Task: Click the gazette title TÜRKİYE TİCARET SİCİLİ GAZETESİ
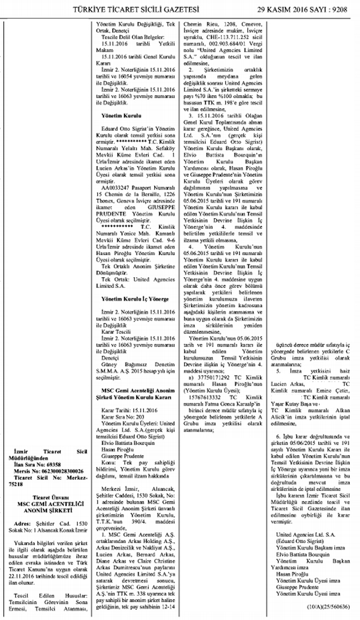coord(141,9)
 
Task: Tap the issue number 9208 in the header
coord(343,9)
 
